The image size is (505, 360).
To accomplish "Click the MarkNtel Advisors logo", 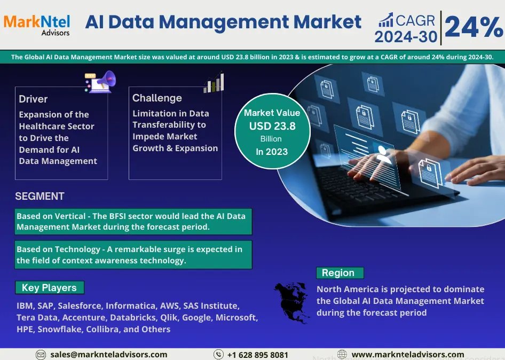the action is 37,25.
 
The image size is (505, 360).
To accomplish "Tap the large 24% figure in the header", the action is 474,27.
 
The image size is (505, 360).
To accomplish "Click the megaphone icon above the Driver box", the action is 100,82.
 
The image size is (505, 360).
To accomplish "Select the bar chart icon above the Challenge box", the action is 214,82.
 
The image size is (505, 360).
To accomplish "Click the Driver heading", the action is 33,99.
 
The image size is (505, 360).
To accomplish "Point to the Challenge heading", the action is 157,98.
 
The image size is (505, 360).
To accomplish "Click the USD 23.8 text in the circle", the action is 272,126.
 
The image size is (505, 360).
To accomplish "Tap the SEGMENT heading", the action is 40,196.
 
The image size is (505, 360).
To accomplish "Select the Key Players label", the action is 49,287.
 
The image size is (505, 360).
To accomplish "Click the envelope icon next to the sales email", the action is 41,355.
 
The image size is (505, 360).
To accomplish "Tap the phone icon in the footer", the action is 218,355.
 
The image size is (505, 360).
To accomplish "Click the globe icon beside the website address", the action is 342,355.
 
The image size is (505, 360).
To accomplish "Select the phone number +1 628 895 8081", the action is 258,355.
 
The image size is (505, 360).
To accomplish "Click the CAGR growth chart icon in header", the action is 386,20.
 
